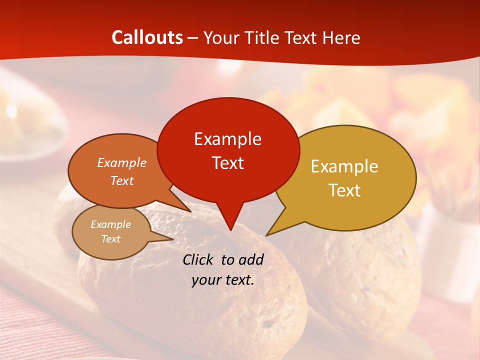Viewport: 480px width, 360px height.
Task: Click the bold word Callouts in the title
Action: pos(147,37)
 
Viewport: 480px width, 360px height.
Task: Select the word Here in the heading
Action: pos(342,37)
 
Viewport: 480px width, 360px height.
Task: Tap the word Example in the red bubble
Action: pos(227,139)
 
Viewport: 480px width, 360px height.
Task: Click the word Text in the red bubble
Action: pos(227,163)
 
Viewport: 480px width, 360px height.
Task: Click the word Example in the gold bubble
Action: pos(344,166)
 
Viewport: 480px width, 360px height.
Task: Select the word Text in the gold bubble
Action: pos(344,190)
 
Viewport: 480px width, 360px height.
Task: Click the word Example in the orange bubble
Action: pos(122,162)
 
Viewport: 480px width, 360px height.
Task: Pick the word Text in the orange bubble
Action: pos(122,180)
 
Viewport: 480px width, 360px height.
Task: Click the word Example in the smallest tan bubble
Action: pos(110,224)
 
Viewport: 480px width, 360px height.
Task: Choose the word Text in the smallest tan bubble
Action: pos(110,239)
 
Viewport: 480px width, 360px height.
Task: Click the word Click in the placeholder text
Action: pos(199,259)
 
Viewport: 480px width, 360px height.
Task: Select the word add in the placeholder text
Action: pos(251,259)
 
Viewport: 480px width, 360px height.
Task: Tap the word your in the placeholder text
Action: pos(205,280)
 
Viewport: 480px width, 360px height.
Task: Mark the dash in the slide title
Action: pos(193,37)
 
